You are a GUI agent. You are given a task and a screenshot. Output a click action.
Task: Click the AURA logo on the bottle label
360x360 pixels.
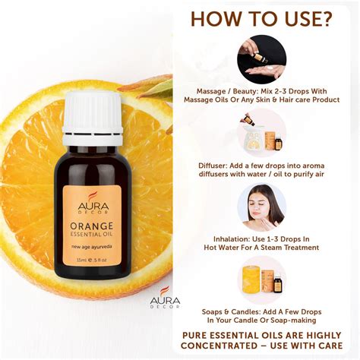pyautogui.click(x=91, y=203)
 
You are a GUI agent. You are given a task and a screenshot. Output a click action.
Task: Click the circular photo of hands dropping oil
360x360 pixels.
pyautogui.click(x=261, y=56)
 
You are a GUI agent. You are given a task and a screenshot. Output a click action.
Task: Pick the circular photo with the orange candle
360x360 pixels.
pyautogui.click(x=261, y=280)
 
